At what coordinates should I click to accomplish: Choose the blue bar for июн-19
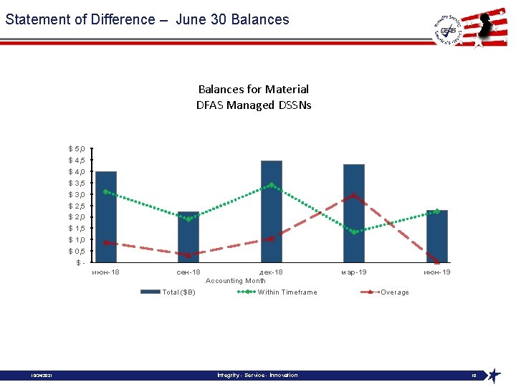[x=437, y=236]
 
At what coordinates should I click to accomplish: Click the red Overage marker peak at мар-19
[x=354, y=196]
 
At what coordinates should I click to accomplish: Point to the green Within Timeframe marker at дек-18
[x=272, y=185]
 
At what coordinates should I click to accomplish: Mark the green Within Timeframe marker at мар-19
[x=354, y=231]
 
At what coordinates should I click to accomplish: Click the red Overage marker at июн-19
[x=437, y=262]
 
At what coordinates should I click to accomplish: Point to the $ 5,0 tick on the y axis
[x=77, y=149]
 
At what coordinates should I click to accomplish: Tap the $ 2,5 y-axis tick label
[x=77, y=206]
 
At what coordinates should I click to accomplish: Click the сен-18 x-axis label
[x=188, y=272]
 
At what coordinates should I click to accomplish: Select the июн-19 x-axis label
[x=437, y=272]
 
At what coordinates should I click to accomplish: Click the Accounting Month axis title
[x=236, y=281]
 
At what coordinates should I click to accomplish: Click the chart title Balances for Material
[x=254, y=90]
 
